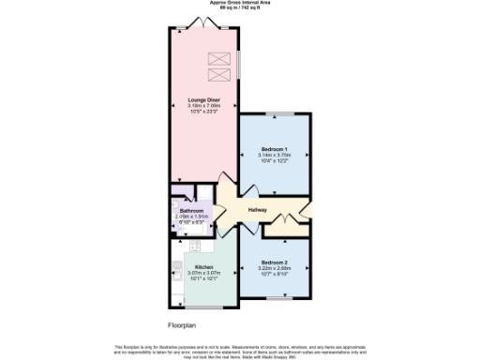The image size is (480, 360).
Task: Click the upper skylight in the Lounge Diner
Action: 217,59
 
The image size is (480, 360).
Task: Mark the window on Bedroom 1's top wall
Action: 275,114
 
